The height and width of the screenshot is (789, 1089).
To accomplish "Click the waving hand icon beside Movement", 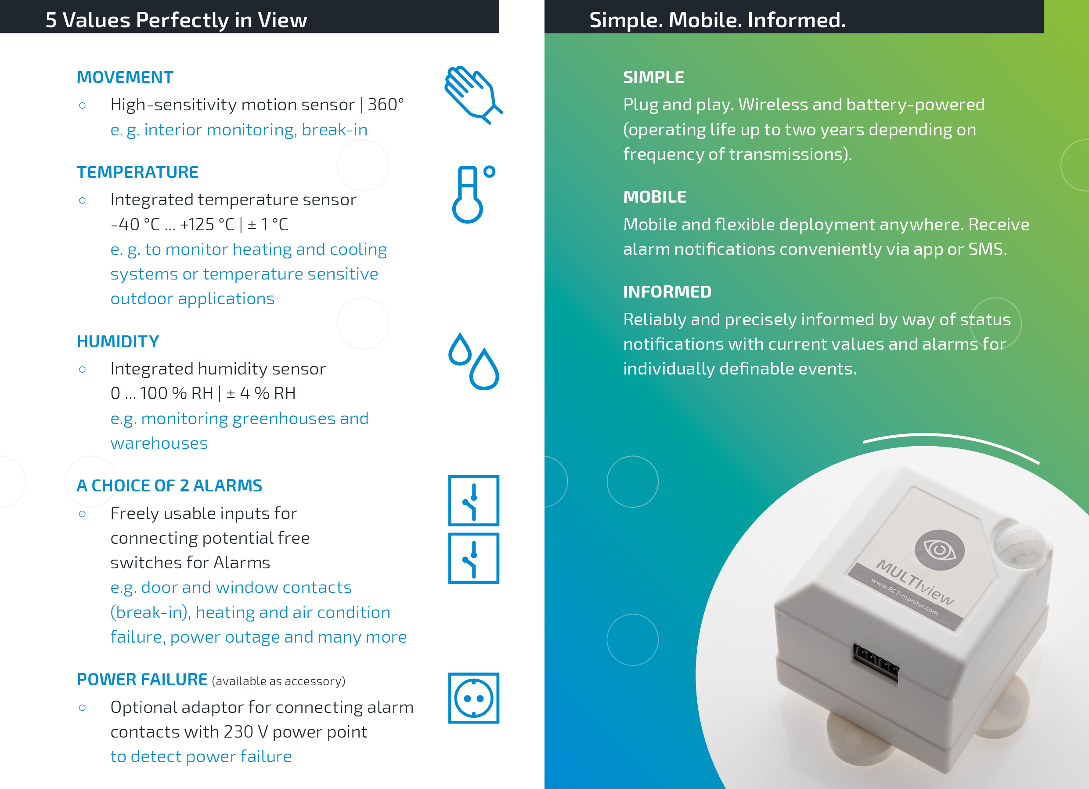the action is click(x=473, y=95).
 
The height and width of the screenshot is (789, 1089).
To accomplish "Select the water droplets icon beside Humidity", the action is click(x=473, y=361).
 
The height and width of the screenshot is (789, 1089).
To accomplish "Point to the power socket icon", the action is click(x=473, y=698).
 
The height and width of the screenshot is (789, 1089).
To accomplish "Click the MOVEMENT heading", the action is click(x=125, y=77).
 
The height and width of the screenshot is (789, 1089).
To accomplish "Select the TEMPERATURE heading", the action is click(x=137, y=172).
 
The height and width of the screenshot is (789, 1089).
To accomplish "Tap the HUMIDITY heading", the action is click(x=118, y=342).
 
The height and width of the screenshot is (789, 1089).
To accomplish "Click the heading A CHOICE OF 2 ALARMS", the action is click(x=169, y=486).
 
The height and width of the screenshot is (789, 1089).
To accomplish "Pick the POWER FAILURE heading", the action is click(x=142, y=680).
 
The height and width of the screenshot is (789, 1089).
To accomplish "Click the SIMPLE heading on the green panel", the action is click(x=653, y=77).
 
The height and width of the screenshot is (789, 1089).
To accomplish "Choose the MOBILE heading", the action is click(x=655, y=197).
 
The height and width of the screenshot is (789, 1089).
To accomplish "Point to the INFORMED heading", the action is click(x=667, y=292).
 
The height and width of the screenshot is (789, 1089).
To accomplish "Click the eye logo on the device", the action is click(x=940, y=550).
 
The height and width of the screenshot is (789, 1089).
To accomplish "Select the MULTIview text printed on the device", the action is click(x=915, y=582).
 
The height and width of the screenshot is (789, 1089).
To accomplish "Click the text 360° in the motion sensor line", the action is click(x=386, y=105).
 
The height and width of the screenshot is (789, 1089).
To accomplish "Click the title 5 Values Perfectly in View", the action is click(x=176, y=20).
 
